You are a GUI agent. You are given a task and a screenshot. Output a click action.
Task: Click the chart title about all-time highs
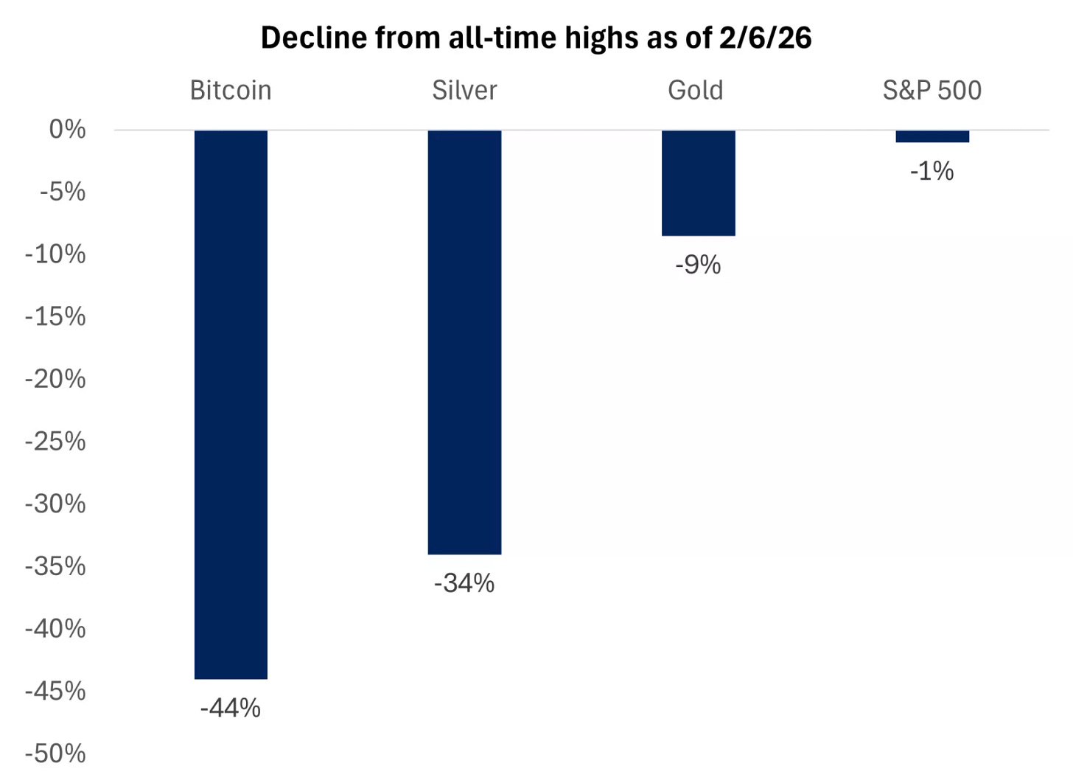(x=536, y=38)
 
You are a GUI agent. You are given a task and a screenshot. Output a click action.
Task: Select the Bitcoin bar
(x=231, y=404)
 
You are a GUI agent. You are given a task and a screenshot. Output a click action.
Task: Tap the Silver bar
(x=464, y=342)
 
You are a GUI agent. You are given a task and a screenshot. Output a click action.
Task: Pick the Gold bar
(x=698, y=183)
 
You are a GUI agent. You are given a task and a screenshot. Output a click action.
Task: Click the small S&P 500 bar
(x=932, y=136)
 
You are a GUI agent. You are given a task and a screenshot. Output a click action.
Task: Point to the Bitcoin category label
(x=231, y=90)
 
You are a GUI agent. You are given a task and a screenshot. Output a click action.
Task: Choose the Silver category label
(x=464, y=90)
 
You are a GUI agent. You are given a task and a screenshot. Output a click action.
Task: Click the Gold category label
(x=695, y=90)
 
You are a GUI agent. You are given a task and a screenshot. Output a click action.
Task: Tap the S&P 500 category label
(x=932, y=90)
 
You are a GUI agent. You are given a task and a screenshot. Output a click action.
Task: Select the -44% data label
(x=231, y=708)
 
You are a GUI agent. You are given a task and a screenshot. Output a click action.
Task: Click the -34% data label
(x=464, y=583)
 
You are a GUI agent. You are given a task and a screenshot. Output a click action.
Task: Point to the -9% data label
(x=698, y=265)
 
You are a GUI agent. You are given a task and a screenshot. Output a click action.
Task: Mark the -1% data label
(x=932, y=171)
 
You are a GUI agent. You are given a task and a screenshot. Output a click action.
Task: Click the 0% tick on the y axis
(x=67, y=130)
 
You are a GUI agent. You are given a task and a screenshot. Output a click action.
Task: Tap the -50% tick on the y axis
(x=55, y=754)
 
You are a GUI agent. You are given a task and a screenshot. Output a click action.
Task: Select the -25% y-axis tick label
(x=55, y=442)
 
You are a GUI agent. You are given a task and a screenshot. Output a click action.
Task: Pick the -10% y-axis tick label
(x=55, y=254)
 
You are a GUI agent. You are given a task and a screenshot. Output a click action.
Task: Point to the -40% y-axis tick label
(x=55, y=629)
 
